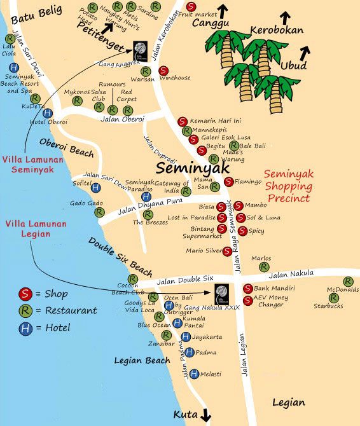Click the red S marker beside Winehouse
[x=163, y=71]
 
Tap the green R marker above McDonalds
[x=348, y=282]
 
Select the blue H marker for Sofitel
[x=95, y=188]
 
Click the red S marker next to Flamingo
[x=228, y=182]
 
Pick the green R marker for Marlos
[x=264, y=267]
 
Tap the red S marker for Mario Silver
[x=227, y=251]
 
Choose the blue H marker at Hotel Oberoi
[x=47, y=113]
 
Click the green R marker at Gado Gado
[x=99, y=213]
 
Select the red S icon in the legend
[x=25, y=294]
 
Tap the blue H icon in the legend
[x=25, y=328]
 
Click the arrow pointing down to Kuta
[x=205, y=416]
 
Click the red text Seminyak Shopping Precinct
[x=288, y=184]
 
